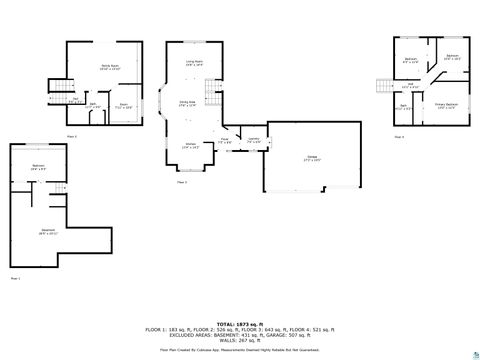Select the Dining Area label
pos(187,102)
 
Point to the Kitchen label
pos(189,145)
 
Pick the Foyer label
pos(225,140)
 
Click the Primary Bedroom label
pos(446,104)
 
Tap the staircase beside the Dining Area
pos(212,95)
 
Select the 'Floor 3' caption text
pos(182,183)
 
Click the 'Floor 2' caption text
pos(71,135)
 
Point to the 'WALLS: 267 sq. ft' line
pos(239,339)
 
